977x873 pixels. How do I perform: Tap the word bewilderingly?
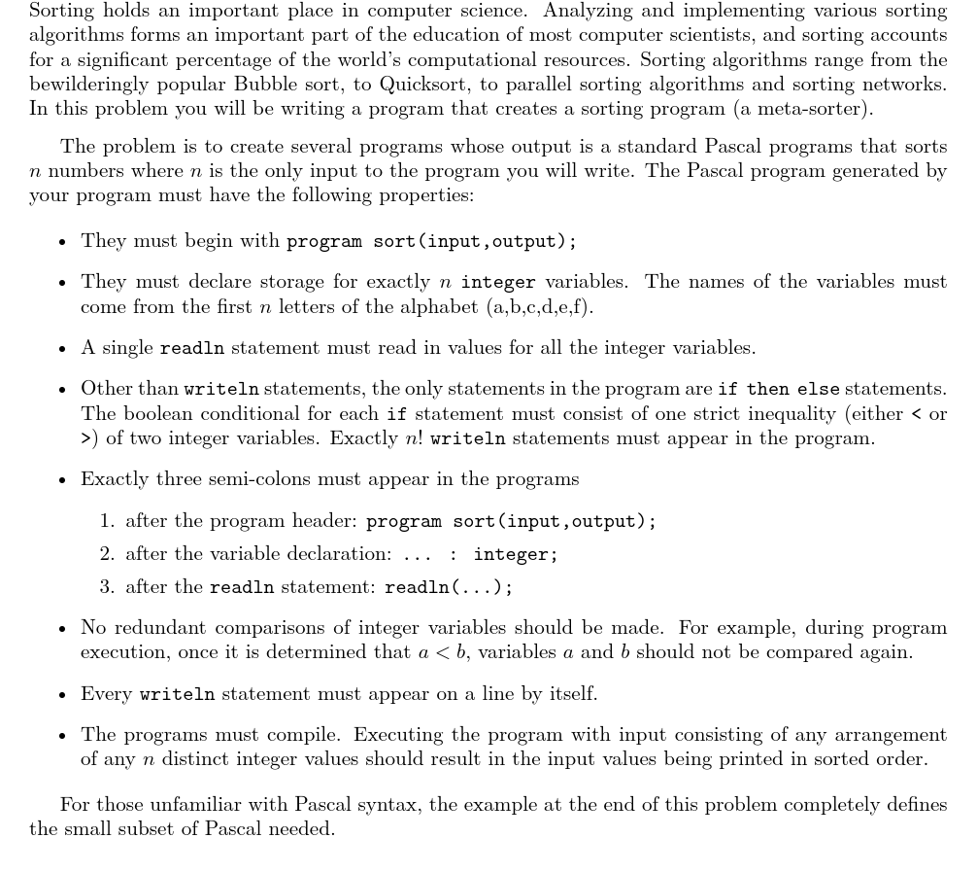(90, 84)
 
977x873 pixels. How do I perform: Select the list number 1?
(106, 521)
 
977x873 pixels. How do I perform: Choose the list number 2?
(106, 554)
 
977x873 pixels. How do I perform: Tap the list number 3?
(106, 587)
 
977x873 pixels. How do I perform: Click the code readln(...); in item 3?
(449, 588)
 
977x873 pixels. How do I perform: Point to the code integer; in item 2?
(515, 555)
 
